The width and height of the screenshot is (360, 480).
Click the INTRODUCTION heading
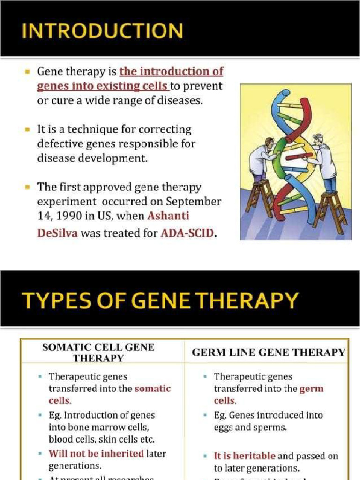click(x=102, y=31)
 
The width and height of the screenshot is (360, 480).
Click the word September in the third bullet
click(x=196, y=202)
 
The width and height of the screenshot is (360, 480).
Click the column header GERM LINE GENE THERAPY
click(x=268, y=352)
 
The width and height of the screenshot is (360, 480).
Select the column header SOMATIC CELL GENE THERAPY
click(x=98, y=352)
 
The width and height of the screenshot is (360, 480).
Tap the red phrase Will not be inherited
click(x=96, y=453)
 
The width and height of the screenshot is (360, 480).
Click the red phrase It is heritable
click(x=245, y=456)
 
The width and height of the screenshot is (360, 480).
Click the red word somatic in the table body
click(x=153, y=389)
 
